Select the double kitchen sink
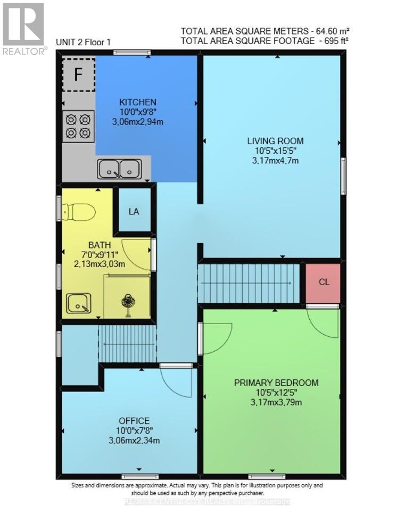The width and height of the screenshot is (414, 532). click(x=119, y=169)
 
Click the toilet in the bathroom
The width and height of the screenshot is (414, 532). click(x=78, y=212)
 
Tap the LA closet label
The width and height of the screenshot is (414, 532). click(x=134, y=211)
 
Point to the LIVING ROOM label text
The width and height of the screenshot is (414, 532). click(x=275, y=141)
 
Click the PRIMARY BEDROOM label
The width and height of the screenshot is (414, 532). click(x=276, y=383)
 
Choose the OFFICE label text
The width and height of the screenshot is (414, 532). click(x=134, y=421)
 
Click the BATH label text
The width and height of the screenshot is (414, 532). click(x=100, y=245)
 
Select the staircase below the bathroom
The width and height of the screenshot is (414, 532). click(x=127, y=344)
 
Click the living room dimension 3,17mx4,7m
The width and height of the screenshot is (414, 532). click(x=275, y=160)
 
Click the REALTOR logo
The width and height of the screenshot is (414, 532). click(x=23, y=29)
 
